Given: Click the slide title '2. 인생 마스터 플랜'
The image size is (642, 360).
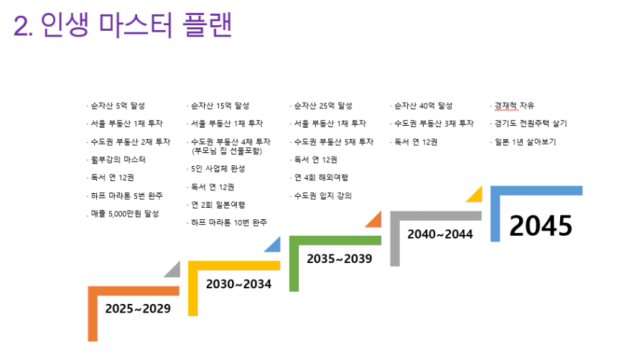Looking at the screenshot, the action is (x=123, y=24).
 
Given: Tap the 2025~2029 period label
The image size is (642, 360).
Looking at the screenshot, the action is (x=138, y=308).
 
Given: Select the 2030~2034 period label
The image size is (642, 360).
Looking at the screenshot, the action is (x=238, y=284).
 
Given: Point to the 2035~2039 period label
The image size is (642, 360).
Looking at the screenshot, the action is (x=340, y=259).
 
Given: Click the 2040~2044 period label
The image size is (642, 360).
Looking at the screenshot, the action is (x=440, y=234).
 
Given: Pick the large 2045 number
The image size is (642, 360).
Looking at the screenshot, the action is (x=541, y=225).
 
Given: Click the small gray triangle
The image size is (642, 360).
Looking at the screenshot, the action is (x=174, y=271).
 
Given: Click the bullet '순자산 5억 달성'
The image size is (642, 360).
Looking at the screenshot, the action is (x=118, y=106).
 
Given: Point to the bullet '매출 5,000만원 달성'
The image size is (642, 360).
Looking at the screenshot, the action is (x=124, y=213).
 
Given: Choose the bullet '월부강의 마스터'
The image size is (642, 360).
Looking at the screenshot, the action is (x=118, y=160).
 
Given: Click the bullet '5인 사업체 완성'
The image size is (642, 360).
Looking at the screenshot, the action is (x=218, y=168).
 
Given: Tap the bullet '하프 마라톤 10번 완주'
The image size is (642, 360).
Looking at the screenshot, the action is (x=229, y=222).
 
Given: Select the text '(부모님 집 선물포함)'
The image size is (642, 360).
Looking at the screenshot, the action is (x=226, y=151).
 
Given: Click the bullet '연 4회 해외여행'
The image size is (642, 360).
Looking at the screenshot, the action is (x=321, y=177).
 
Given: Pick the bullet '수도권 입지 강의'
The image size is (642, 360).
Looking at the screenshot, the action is (x=322, y=195).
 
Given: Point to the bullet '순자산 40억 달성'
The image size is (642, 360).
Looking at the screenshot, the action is (x=423, y=106).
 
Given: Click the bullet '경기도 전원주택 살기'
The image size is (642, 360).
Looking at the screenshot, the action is (x=531, y=124).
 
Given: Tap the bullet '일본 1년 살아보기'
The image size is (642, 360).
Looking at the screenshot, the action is (x=526, y=142).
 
